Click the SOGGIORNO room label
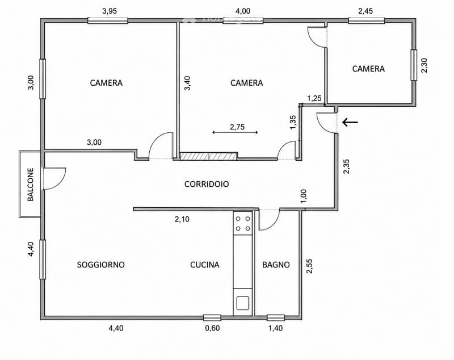tap(101, 265)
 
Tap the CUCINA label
tap(205, 265)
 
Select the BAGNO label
tap(276, 265)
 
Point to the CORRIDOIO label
tap(207, 184)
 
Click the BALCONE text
tap(31, 185)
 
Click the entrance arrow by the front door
tap(350, 122)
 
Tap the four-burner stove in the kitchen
tap(243, 223)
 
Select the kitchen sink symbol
tap(243, 303)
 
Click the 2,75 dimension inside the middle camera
tap(237, 127)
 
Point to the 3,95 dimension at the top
tap(110, 11)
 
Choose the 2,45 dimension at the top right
tap(365, 11)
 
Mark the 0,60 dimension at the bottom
tap(212, 328)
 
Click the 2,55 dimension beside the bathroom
tap(309, 266)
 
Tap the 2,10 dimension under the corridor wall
tap(182, 219)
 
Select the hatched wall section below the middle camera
tap(208, 156)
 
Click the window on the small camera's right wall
tap(414, 65)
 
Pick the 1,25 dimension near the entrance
tap(314, 98)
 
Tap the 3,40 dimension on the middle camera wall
tap(188, 83)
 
